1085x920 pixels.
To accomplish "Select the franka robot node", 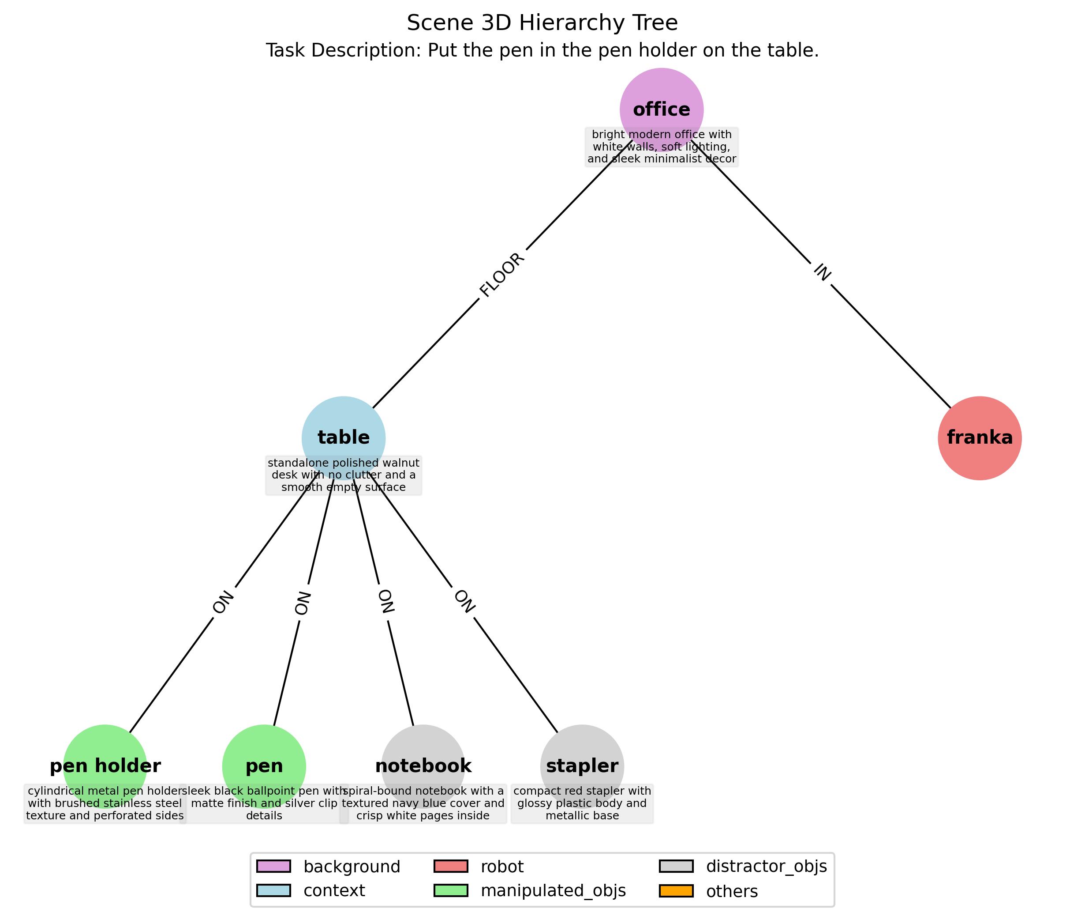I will point(979,437).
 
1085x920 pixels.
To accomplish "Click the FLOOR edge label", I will point(502,275).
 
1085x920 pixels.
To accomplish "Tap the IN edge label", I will point(822,272).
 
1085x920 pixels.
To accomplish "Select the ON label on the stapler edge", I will point(464,601).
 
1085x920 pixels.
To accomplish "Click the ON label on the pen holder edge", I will point(223,603).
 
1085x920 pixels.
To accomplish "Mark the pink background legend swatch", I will point(273,866).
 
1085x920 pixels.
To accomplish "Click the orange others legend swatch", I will point(676,891).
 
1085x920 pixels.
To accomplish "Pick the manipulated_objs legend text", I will point(553,891).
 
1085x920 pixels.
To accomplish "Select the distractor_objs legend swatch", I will point(676,866).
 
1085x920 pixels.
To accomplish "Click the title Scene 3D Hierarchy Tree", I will point(542,23).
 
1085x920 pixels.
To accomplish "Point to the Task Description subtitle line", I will point(542,51).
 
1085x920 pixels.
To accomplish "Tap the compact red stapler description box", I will point(582,804).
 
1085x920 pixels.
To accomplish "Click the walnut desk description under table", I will point(344,475).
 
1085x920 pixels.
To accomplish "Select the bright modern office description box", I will point(661,147).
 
